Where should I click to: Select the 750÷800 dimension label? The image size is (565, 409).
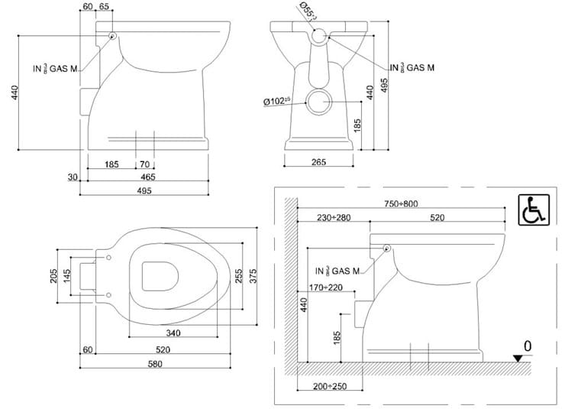click(x=402, y=203)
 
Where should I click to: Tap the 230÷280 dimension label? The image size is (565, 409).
click(x=332, y=218)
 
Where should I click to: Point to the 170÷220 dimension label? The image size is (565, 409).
click(x=322, y=287)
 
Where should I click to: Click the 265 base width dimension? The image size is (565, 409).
click(x=319, y=162)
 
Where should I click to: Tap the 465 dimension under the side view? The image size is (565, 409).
click(x=148, y=177)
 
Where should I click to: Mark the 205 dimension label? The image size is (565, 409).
click(x=54, y=274)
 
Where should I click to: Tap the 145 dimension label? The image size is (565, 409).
click(x=69, y=274)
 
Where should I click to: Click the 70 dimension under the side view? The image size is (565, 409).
click(x=145, y=164)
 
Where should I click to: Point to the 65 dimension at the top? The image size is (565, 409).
click(x=104, y=7)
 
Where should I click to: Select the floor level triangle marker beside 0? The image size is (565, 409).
click(x=518, y=357)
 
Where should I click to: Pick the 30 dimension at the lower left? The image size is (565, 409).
click(x=73, y=177)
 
